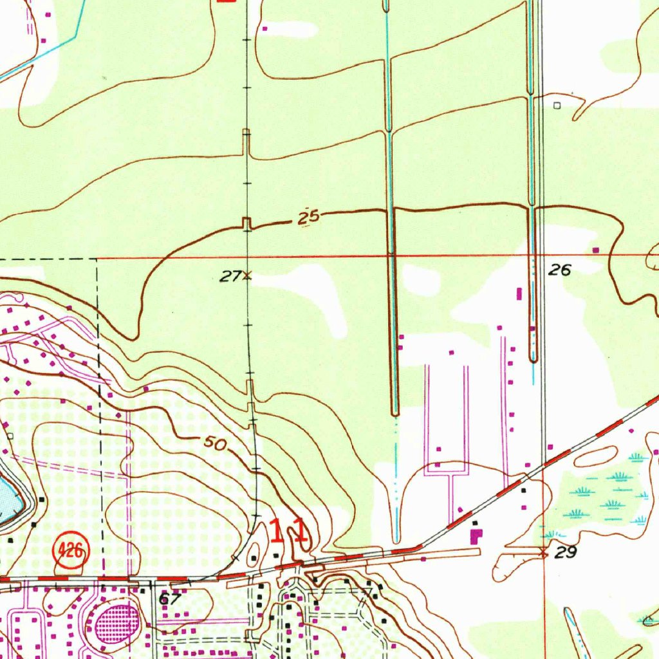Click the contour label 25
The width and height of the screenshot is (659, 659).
coord(310,218)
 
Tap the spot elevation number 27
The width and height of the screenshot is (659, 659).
coord(228,277)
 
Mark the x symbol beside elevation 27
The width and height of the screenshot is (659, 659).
coord(246,277)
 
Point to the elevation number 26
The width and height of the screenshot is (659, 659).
coord(559,270)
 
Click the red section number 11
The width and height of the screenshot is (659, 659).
coord(288,532)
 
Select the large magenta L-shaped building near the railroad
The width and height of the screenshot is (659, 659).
coord(476,535)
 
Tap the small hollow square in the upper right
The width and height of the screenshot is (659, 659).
coord(557,104)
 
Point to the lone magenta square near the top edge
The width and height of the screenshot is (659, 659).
coord(265,28)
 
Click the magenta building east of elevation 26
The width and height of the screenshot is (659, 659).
coord(595,250)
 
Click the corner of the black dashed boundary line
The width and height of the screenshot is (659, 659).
coord(97,259)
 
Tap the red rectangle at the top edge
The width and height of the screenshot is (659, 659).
coord(226,1)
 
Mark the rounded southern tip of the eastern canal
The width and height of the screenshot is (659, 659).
coord(533,359)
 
